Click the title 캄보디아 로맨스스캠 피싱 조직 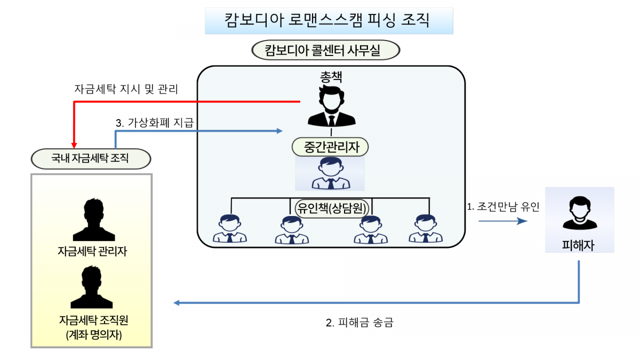[x=329, y=20]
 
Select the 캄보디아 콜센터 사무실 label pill [x=325, y=51]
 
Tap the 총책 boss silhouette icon [x=331, y=107]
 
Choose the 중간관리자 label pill [x=330, y=146]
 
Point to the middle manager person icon [x=331, y=174]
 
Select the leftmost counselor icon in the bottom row [x=230, y=229]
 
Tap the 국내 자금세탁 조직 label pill [x=91, y=158]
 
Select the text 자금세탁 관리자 [x=92, y=251]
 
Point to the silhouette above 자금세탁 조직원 [x=91, y=287]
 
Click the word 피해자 [x=578, y=245]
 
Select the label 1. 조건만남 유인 [x=503, y=207]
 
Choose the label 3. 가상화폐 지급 [x=154, y=123]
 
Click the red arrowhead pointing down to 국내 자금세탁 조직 [x=74, y=143]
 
